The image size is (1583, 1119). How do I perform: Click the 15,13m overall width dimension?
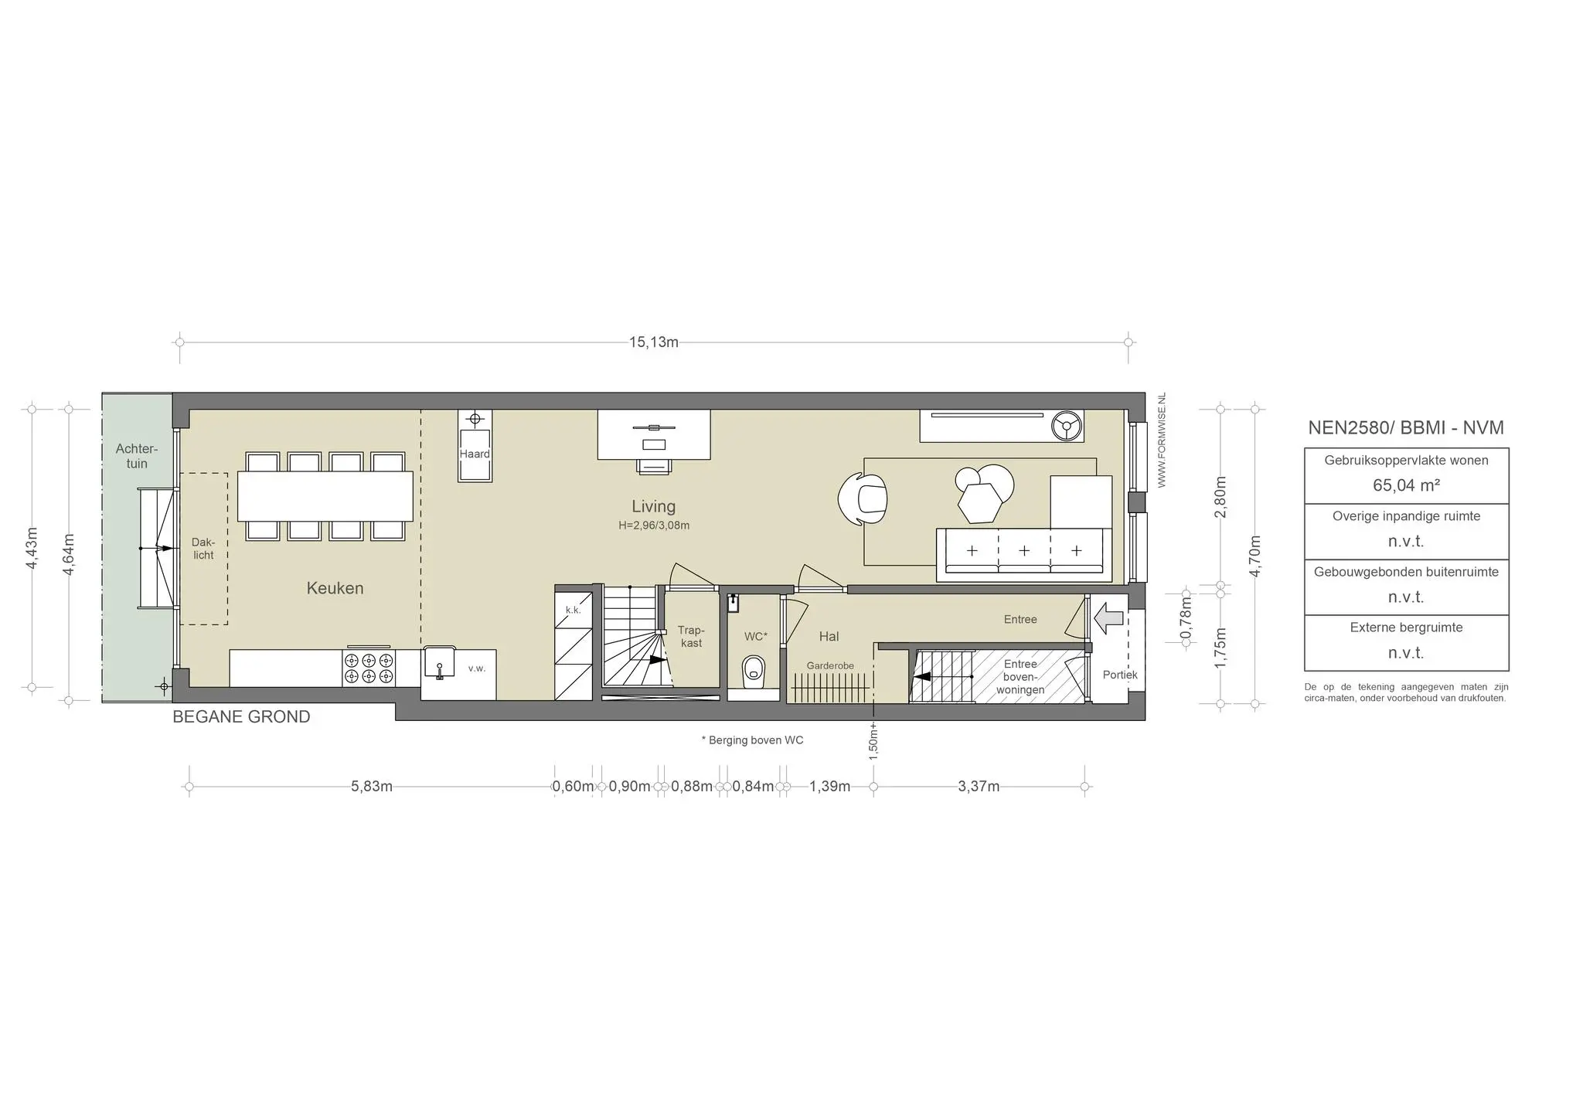tap(654, 342)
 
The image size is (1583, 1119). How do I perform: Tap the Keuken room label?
tap(335, 588)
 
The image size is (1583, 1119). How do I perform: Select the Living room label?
tap(653, 506)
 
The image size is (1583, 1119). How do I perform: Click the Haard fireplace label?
tap(475, 454)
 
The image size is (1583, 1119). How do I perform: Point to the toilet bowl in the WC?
tap(753, 672)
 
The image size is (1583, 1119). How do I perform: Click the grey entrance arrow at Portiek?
tap(1110, 617)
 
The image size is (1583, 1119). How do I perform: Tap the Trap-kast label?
tap(691, 637)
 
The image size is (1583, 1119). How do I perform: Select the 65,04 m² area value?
tap(1406, 485)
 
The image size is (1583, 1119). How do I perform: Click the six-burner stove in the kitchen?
tap(369, 668)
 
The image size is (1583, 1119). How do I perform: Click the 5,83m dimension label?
tap(372, 787)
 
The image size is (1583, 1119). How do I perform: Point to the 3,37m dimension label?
tap(979, 787)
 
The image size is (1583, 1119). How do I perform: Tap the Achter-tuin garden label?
tap(137, 456)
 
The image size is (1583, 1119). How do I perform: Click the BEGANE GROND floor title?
tap(241, 717)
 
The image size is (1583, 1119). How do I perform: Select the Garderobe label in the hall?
tap(830, 665)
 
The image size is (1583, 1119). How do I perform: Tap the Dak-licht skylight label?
tap(203, 549)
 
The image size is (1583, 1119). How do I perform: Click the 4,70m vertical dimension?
tap(1255, 556)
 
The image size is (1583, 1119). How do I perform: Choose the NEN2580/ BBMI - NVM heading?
tap(1406, 427)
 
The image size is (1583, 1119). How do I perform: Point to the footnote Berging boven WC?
tap(752, 740)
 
